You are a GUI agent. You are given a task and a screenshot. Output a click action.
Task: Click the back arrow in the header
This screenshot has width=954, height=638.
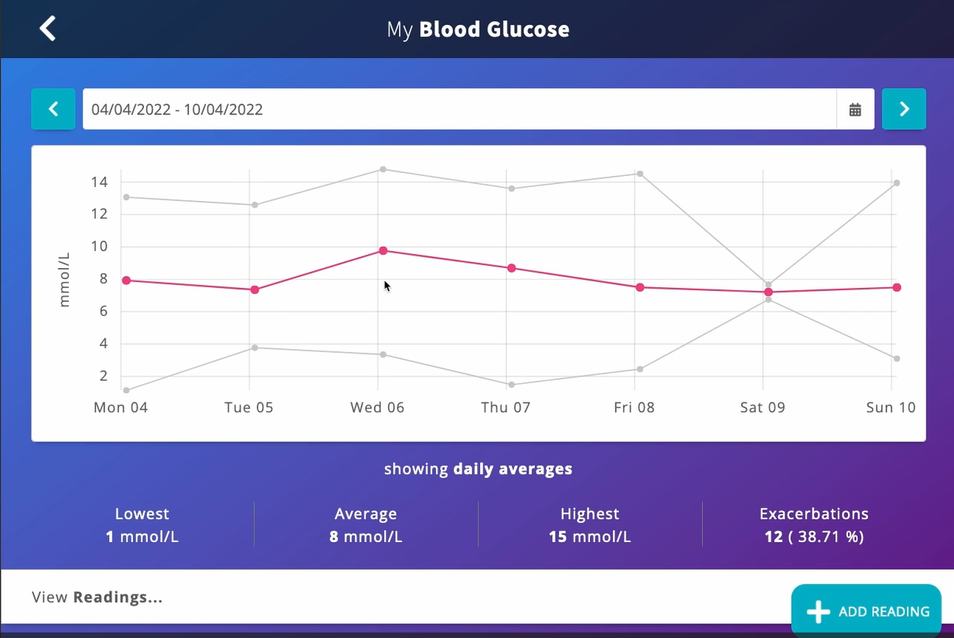click(48, 29)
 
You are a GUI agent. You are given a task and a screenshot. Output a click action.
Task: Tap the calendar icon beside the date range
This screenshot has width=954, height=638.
click(855, 110)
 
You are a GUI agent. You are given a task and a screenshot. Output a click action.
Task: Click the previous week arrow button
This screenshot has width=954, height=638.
click(53, 109)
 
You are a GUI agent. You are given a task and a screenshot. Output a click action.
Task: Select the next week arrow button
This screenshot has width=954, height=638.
click(904, 109)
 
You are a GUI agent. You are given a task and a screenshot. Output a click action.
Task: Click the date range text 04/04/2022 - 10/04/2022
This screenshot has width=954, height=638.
click(177, 110)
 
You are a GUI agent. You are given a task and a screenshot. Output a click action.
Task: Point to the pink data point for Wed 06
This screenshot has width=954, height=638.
click(383, 250)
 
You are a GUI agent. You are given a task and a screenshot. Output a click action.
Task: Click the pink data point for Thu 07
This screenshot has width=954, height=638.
click(511, 268)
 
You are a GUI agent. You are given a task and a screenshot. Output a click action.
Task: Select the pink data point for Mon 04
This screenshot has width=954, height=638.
click(126, 280)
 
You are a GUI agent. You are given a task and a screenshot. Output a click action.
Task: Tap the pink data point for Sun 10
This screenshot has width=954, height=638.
click(896, 287)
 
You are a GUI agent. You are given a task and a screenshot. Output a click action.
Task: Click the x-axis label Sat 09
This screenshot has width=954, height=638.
click(762, 407)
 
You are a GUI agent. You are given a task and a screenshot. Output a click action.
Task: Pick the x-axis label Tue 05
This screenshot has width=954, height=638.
click(249, 407)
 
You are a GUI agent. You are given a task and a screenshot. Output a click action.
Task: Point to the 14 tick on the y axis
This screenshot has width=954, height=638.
click(99, 182)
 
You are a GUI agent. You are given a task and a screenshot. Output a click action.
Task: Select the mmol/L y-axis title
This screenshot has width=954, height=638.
click(64, 279)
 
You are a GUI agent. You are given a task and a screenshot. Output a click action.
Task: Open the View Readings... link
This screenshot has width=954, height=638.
click(97, 597)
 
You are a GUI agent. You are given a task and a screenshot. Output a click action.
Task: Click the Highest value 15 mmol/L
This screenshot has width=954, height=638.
click(590, 537)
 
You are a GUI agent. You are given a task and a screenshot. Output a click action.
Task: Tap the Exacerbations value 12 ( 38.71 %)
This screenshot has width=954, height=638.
click(814, 537)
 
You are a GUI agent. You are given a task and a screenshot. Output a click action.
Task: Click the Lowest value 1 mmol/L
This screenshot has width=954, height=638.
click(142, 537)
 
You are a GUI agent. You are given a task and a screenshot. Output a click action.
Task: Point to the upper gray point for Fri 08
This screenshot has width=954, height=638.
click(639, 173)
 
